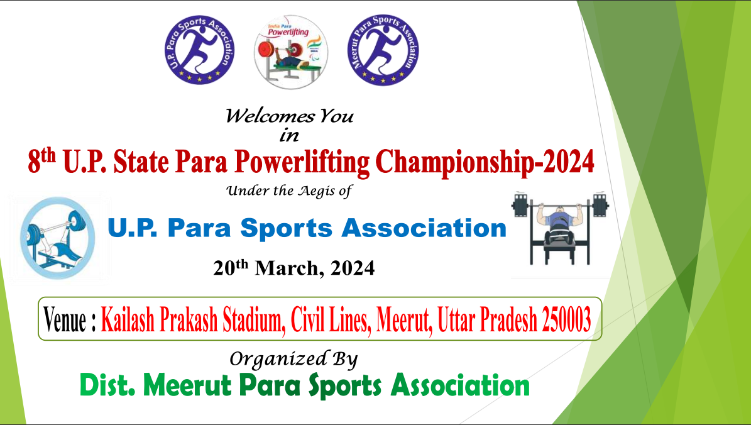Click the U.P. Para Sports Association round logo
pyautogui.click(x=199, y=50)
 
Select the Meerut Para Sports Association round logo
pyautogui.click(x=383, y=50)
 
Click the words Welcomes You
pyautogui.click(x=289, y=116)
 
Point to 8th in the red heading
pyautogui.click(x=42, y=163)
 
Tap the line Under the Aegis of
pyautogui.click(x=288, y=191)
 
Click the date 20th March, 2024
pyautogui.click(x=293, y=269)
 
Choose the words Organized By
pyautogui.click(x=293, y=359)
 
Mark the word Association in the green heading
pyautogui.click(x=459, y=385)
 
